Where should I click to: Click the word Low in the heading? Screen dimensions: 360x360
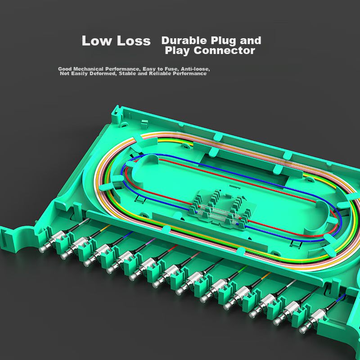click(96, 40)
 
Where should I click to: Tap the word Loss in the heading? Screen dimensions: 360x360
click(134, 40)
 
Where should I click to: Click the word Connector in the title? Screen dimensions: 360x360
click(224, 50)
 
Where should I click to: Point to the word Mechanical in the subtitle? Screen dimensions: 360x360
click(88, 69)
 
